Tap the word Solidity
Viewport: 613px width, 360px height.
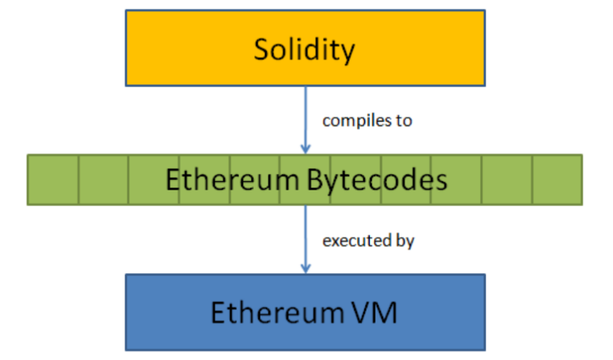coord(304,49)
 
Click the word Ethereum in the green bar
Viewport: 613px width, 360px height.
coord(225,180)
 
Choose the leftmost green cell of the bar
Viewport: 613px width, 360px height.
coord(53,180)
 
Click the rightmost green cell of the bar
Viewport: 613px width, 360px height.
coord(557,180)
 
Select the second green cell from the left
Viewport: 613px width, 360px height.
coord(103,180)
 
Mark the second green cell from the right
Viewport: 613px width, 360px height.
coord(507,180)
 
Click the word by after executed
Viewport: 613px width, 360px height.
coord(405,241)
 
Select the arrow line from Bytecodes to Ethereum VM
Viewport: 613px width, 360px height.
coord(305,235)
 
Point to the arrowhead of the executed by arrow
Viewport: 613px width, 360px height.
coord(305,268)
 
